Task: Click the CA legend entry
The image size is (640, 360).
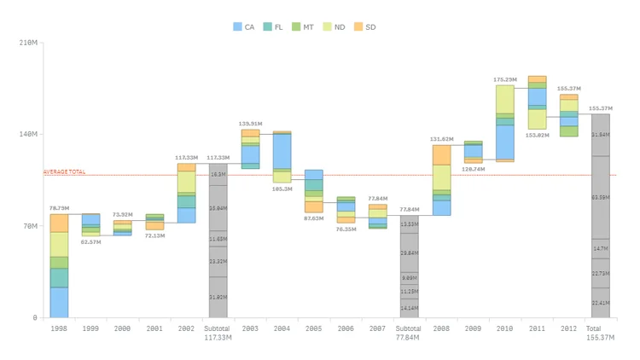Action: tap(244, 27)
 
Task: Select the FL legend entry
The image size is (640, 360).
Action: tap(274, 27)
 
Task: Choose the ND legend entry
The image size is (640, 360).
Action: tap(335, 27)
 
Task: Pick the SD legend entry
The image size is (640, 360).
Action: tap(365, 27)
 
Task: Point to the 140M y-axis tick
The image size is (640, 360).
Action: tap(28, 134)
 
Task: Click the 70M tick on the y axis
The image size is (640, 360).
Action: tap(30, 226)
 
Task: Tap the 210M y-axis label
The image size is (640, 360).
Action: tap(28, 42)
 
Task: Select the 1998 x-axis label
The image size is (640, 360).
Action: tap(59, 328)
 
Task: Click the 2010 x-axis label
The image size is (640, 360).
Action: tap(505, 328)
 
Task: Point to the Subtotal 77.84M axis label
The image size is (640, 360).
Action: tap(410, 333)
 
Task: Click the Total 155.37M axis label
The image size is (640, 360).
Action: tap(601, 333)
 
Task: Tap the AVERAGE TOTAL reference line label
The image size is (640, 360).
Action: tap(64, 172)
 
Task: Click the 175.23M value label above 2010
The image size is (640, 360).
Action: tap(505, 79)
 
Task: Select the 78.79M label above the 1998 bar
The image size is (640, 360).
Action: tap(59, 208)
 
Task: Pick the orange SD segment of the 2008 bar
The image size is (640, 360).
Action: tap(441, 154)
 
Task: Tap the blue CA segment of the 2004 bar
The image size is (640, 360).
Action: tap(282, 151)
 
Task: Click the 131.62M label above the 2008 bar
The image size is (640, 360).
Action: tap(441, 139)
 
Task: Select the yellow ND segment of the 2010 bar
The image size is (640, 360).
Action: tap(505, 99)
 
